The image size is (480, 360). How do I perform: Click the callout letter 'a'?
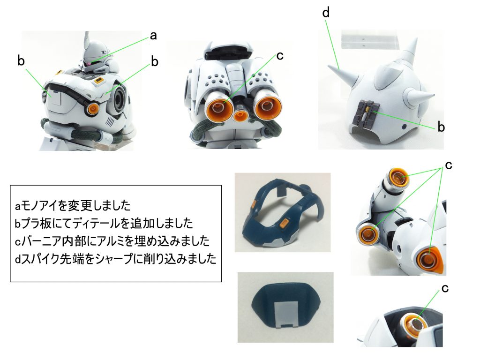tap(153, 35)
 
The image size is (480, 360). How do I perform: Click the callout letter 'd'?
tap(326, 13)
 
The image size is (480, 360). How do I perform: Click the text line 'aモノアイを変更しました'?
tap(73, 206)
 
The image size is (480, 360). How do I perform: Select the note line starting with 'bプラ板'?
tap(101, 223)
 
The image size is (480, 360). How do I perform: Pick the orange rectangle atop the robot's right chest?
tap(99, 81)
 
